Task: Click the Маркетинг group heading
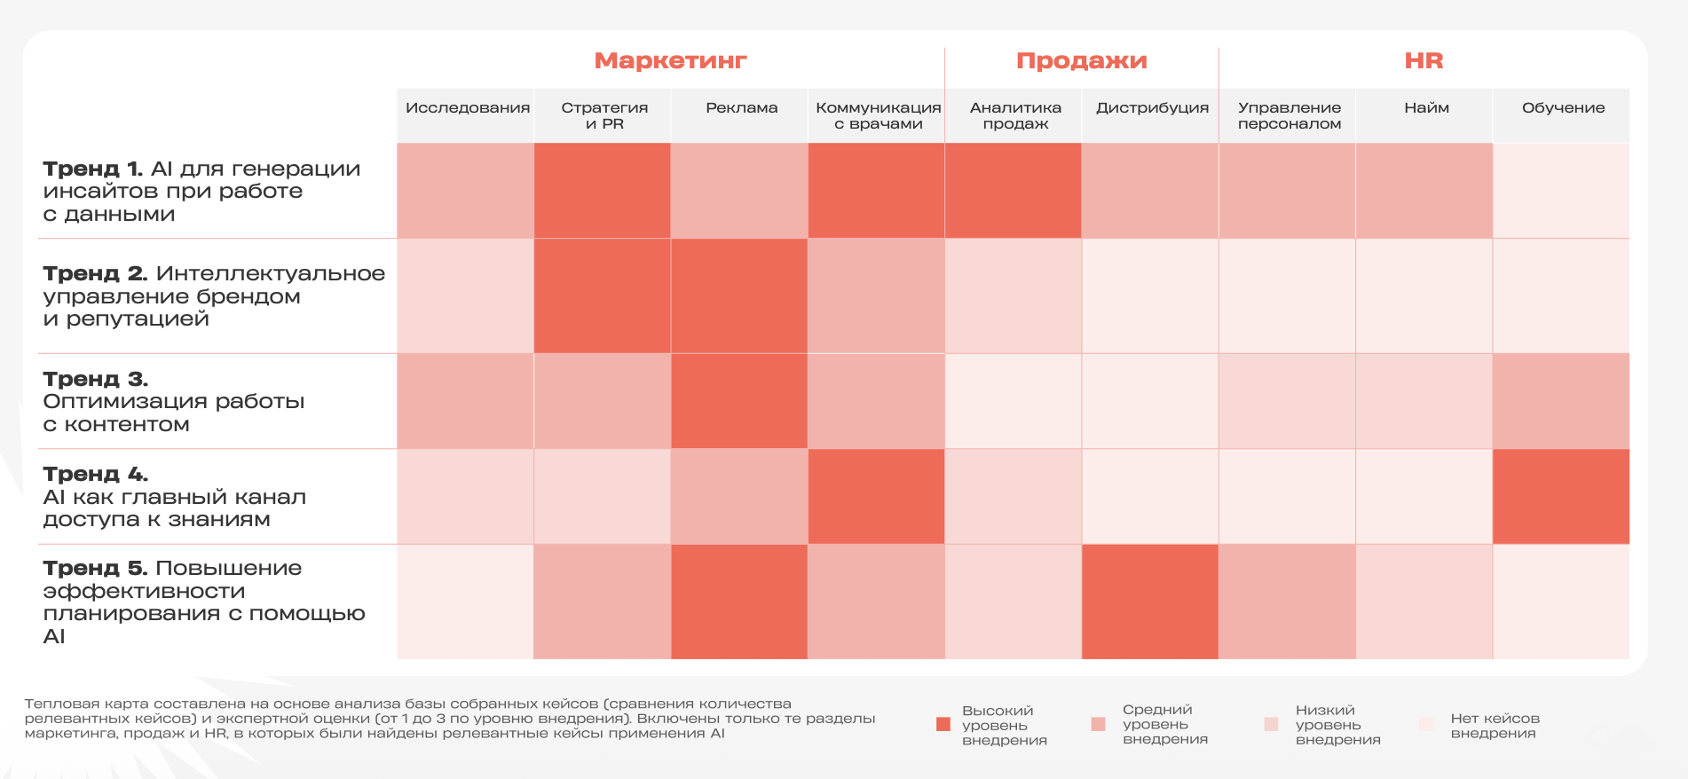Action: [670, 60]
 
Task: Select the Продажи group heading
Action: [1081, 60]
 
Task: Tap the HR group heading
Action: [1424, 60]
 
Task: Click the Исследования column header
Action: [467, 108]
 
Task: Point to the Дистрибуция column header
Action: [1152, 108]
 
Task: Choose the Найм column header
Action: [1426, 108]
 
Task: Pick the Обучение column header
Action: [1563, 108]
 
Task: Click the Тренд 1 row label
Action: [201, 191]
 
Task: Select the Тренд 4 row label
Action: [174, 497]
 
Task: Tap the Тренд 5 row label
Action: [203, 601]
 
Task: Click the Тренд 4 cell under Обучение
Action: [1561, 497]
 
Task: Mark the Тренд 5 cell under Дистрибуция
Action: [1149, 602]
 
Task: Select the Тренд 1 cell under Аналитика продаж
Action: [1013, 191]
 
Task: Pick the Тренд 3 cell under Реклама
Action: [739, 401]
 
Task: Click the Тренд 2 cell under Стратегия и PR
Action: [602, 295]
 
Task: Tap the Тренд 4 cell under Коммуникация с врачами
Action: [876, 497]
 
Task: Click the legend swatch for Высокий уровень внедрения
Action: [943, 724]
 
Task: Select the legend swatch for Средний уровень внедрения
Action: [1099, 724]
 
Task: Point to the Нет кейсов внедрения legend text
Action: [1495, 726]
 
